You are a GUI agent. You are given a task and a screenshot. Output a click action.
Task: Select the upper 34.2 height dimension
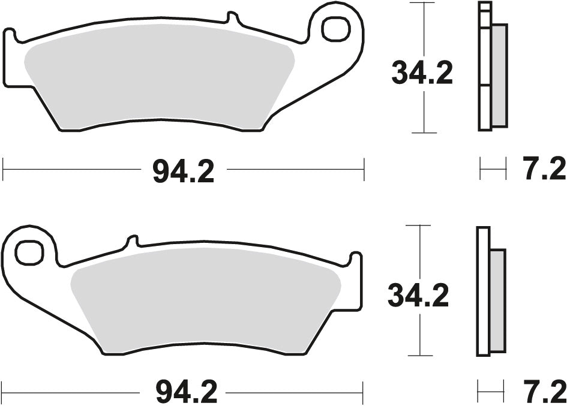click(x=422, y=74)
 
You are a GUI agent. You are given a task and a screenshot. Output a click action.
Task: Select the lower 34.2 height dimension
click(x=418, y=296)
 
